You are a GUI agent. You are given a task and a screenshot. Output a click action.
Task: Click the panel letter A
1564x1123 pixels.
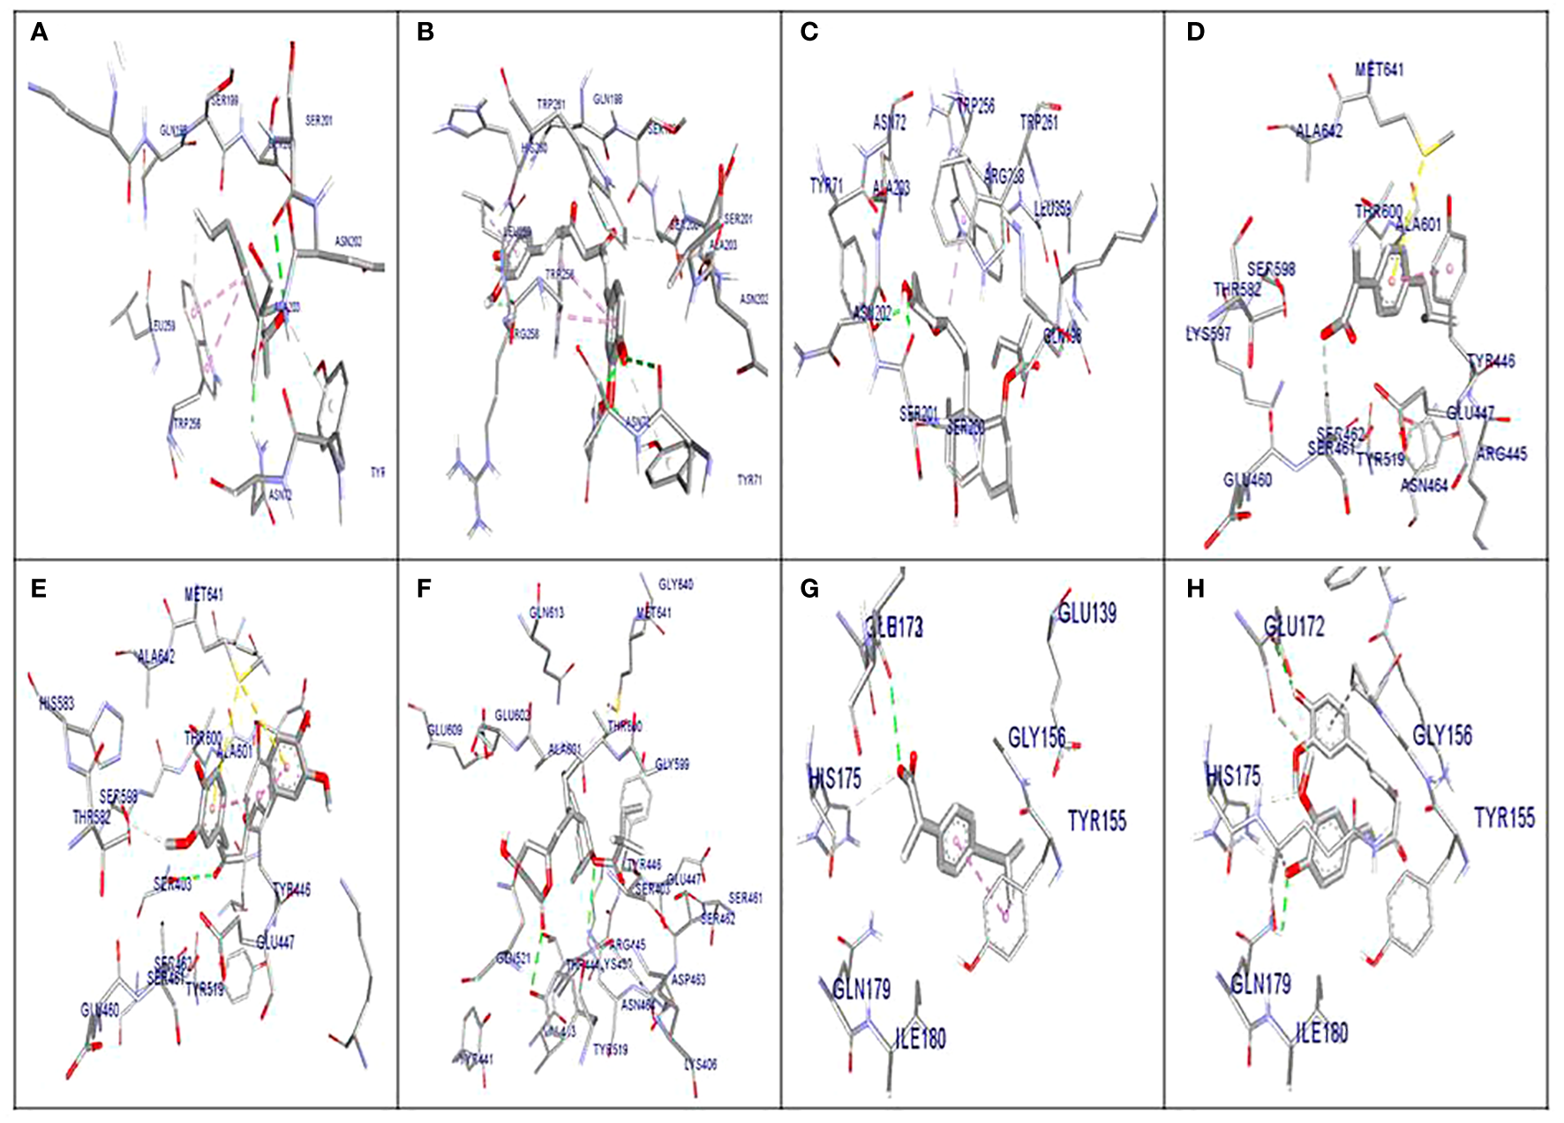click(x=39, y=33)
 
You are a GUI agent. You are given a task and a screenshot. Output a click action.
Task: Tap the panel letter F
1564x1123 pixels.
click(x=425, y=589)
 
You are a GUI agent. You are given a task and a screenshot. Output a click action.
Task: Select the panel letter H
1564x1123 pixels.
click(x=1195, y=589)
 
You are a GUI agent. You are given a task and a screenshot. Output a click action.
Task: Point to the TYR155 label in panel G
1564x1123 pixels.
click(x=1097, y=821)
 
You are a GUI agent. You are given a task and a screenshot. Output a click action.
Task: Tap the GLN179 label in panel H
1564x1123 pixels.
click(x=1261, y=984)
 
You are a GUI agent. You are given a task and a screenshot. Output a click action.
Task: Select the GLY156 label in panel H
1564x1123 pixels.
click(x=1442, y=735)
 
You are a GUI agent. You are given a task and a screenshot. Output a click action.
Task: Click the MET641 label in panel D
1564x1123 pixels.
click(x=1379, y=69)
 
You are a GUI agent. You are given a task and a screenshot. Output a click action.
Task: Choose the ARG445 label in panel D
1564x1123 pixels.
click(x=1501, y=454)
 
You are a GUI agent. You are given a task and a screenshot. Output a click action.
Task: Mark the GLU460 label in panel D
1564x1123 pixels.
click(x=1247, y=479)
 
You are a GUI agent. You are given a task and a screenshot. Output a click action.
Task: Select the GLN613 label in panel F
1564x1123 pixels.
click(x=546, y=613)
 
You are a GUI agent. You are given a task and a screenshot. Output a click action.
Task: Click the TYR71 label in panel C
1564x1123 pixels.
click(x=826, y=185)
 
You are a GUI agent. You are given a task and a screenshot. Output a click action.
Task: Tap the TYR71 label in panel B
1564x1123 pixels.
click(x=749, y=480)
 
